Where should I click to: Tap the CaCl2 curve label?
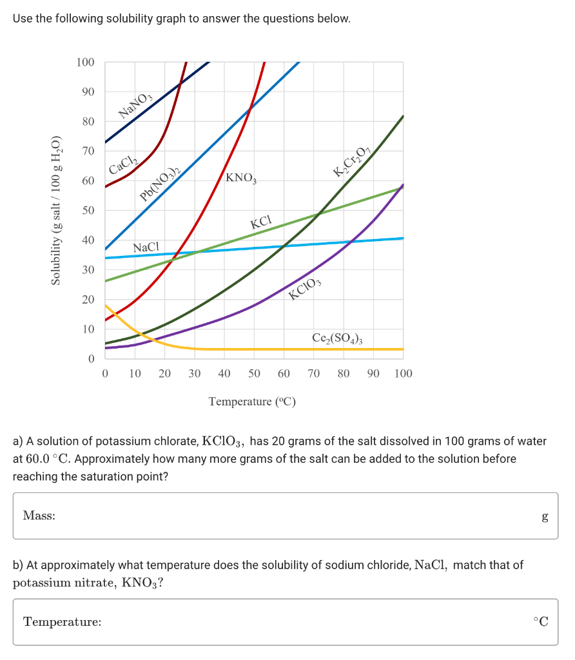coord(122,160)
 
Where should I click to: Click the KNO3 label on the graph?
coord(242,178)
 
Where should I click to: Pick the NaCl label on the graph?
coord(146,247)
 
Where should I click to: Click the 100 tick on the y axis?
coord(85,63)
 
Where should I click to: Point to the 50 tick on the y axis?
coord(88,211)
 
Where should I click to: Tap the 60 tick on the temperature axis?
coord(284,373)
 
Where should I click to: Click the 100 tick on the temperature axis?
coord(403,373)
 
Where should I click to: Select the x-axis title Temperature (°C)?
coord(252,402)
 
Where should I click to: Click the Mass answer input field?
coord(284,516)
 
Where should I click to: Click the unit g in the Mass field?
coord(545,516)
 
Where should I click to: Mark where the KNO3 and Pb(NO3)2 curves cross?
coord(250,106)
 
